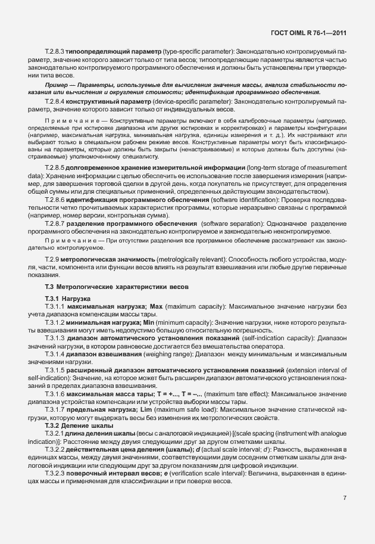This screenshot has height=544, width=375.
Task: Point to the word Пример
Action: coord(55,86)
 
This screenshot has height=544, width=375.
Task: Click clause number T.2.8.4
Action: coord(55,102)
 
